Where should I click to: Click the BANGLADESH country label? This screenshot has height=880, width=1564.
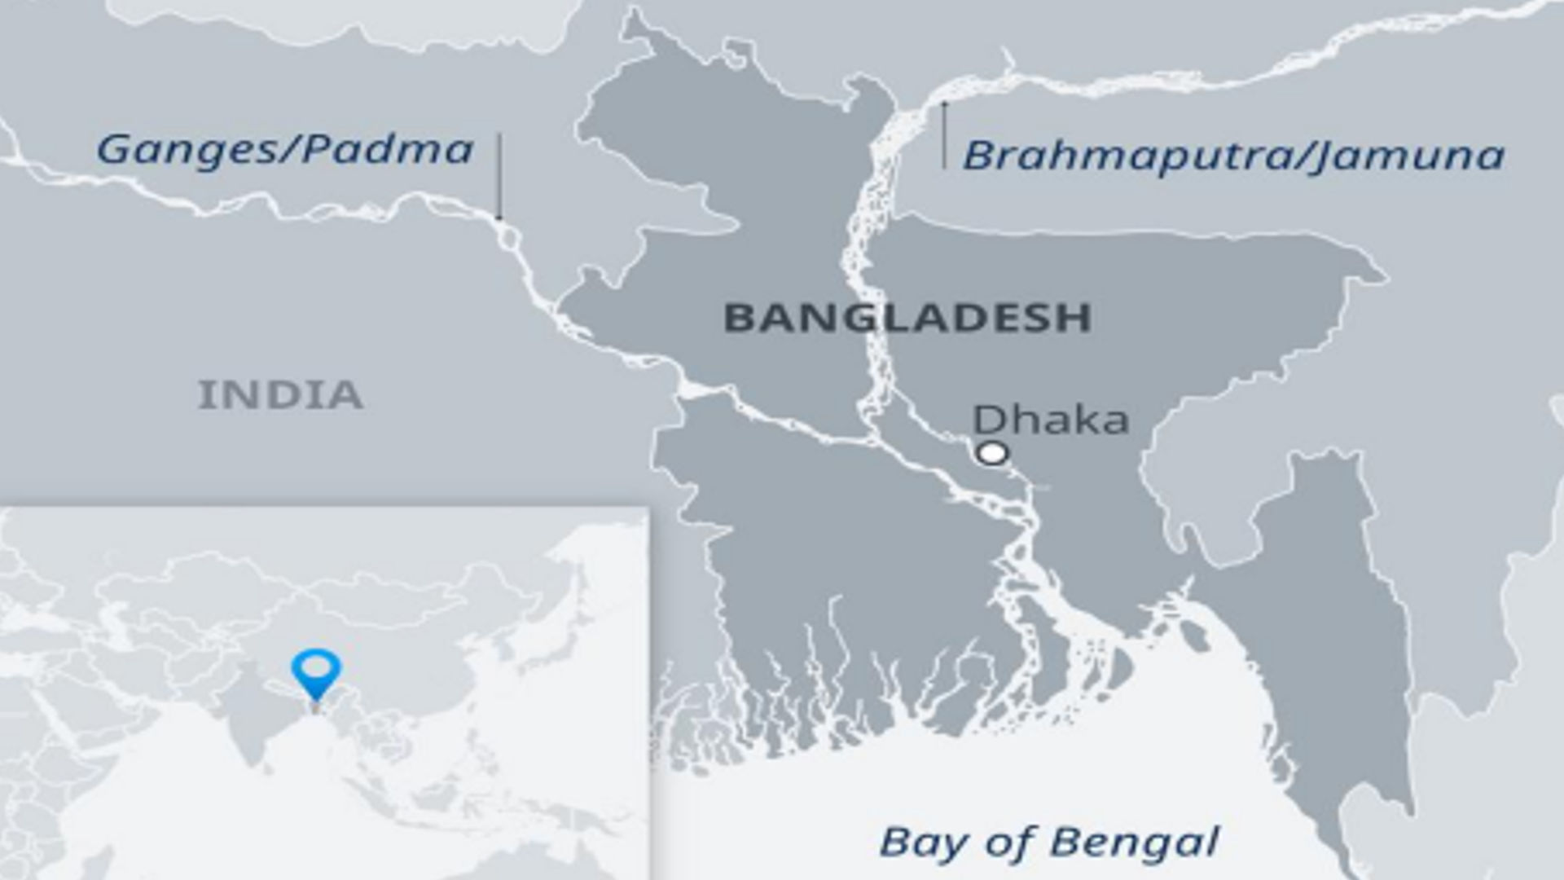907,317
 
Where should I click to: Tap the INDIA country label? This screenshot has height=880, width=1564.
280,395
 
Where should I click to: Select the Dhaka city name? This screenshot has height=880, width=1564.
1051,420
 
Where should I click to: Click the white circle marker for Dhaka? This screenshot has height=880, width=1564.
992,453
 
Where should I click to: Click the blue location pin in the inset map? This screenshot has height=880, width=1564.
316,670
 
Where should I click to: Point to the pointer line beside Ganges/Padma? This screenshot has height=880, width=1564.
499,176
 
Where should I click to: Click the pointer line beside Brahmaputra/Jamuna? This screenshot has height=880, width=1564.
945,135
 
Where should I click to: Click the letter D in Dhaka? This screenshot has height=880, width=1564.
991,420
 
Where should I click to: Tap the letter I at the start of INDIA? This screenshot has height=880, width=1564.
204,395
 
